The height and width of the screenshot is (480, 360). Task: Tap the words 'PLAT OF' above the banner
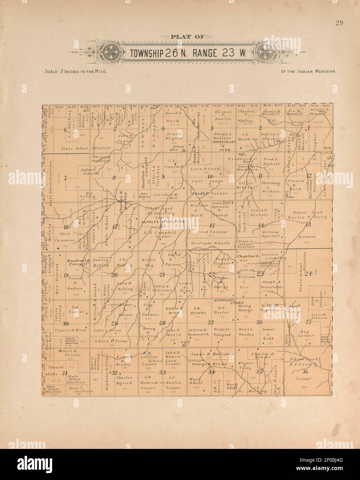(x=187, y=37)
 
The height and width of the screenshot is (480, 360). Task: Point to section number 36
(x=305, y=372)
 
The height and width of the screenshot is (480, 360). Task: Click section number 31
(x=64, y=374)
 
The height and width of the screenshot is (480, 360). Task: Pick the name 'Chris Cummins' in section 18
(x=64, y=234)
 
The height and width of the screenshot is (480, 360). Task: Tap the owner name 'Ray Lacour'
(x=304, y=333)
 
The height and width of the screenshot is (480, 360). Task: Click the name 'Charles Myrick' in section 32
(x=124, y=380)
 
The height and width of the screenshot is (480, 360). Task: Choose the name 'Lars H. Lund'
(x=205, y=169)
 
